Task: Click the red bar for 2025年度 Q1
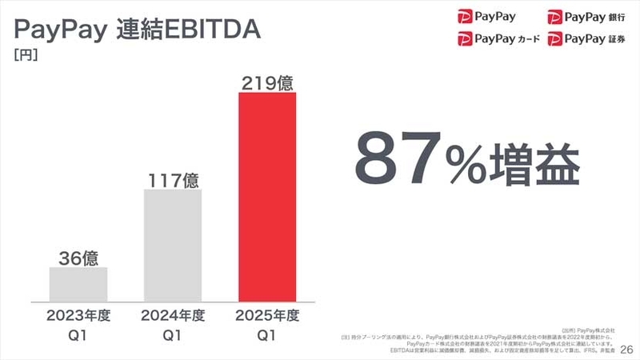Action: pos(267,197)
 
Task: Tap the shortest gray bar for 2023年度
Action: pos(78,284)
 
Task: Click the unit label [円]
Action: pos(26,55)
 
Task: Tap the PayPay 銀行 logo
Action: pos(586,15)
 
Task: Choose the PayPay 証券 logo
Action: pos(586,38)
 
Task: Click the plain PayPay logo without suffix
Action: pos(486,15)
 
